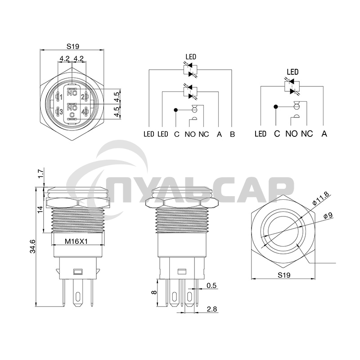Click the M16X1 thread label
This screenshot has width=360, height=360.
(76, 241)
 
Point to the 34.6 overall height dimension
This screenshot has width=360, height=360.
(32, 247)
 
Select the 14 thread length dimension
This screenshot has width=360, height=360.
(40, 209)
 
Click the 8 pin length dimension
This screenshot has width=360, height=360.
(154, 292)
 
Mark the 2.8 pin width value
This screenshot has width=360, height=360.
(211, 309)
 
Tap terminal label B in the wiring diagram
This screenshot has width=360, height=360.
(232, 134)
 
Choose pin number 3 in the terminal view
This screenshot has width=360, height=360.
(61, 111)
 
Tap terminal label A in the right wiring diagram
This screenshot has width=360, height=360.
(324, 134)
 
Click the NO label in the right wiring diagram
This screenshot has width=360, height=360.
(292, 134)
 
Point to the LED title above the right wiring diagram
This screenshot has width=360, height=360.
(292, 72)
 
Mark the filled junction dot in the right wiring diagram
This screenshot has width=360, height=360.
(275, 107)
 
